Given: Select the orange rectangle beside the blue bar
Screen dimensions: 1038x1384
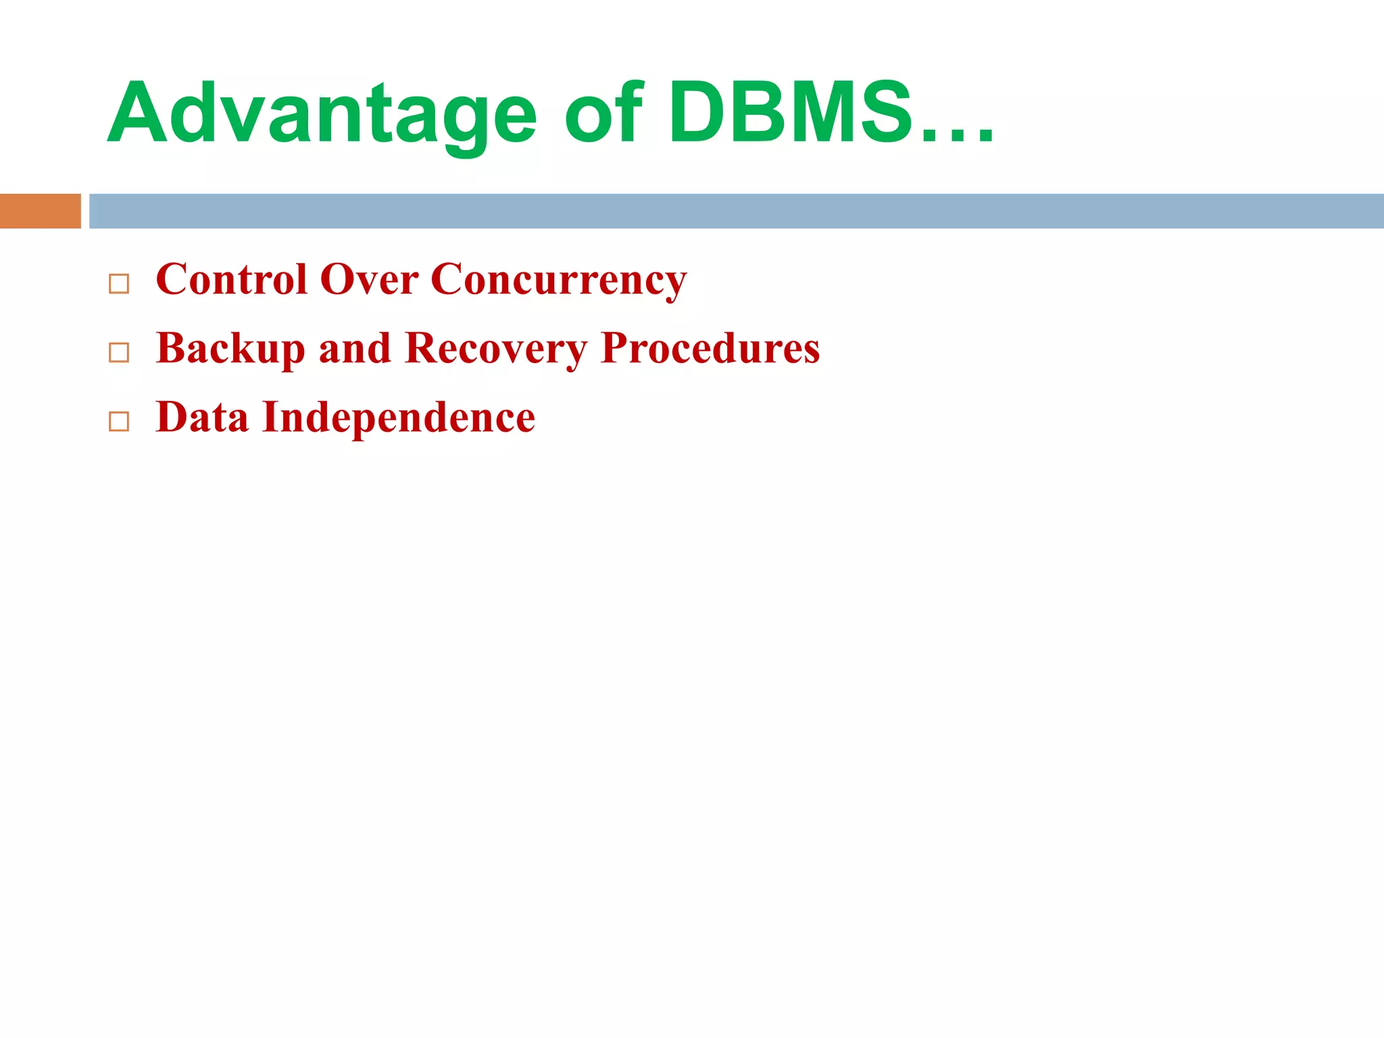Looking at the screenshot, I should click(40, 211).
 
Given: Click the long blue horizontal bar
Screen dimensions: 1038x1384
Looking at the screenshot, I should click(736, 211).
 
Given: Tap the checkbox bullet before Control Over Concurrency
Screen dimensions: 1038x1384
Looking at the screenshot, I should click(119, 284).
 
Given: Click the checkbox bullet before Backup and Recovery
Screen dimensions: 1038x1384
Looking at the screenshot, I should click(119, 352).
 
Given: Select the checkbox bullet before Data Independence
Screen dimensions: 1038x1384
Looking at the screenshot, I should click(119, 421).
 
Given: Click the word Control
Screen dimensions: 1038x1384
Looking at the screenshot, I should click(231, 279).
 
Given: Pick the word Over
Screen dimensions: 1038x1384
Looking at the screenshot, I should click(369, 279).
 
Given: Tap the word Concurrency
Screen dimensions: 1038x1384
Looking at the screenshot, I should click(558, 280).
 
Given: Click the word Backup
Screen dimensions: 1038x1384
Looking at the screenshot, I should click(230, 349).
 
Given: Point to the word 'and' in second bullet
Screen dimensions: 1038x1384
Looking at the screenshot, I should click(354, 349).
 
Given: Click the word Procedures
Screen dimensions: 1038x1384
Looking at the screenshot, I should click(710, 349).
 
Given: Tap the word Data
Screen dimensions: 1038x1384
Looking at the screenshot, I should click(202, 417).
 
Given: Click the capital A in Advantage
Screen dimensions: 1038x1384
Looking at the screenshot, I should click(135, 114).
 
